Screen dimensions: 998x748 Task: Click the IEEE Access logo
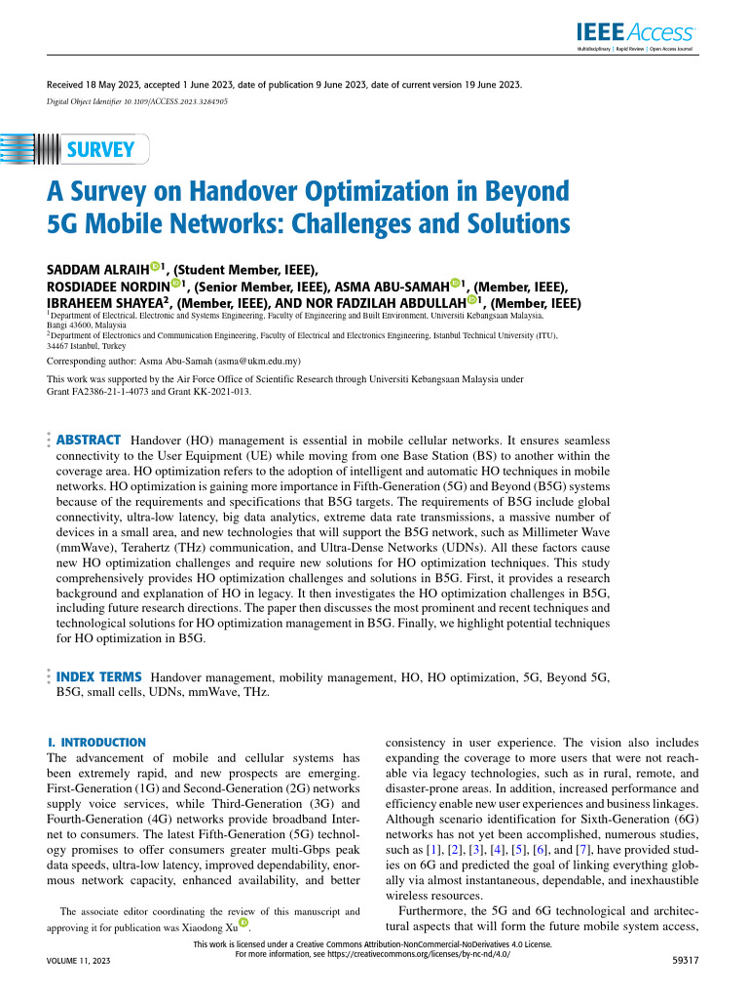(649, 32)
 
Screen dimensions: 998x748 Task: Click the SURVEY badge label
(99, 150)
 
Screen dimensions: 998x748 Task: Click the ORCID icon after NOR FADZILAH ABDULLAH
(474, 301)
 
